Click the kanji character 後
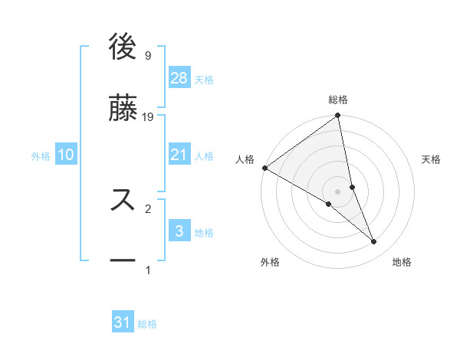(123, 47)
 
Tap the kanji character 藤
(123, 108)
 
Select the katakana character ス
(123, 199)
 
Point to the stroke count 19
(149, 117)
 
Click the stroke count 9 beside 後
(147, 56)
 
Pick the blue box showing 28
(179, 78)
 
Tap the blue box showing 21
(179, 155)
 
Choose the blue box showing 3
(179, 231)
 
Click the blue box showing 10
(65, 155)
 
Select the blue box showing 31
(123, 323)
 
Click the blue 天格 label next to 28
(204, 80)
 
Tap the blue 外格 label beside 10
(41, 156)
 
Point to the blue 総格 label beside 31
(147, 325)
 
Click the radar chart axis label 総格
(338, 100)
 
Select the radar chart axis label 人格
(245, 159)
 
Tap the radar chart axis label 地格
(402, 263)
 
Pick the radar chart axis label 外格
(270, 263)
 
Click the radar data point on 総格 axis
(338, 116)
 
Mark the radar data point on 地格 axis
(374, 242)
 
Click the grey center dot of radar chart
(338, 191)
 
